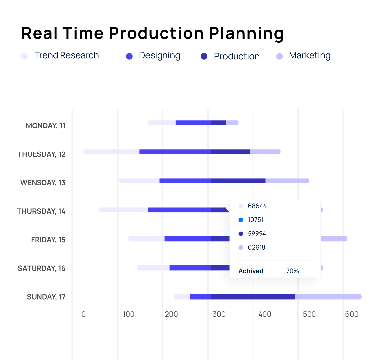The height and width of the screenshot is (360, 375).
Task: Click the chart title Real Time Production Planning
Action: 152,33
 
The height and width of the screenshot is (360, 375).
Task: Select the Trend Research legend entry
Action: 60,56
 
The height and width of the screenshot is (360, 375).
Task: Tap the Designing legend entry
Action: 153,56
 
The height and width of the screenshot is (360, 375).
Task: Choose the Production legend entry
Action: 230,56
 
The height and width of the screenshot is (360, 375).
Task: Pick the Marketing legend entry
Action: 303,56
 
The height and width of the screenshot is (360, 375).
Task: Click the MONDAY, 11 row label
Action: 46,126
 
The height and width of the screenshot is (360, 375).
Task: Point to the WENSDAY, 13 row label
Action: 43,183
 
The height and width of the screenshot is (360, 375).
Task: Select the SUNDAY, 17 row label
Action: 46,297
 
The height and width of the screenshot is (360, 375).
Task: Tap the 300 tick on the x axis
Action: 219,314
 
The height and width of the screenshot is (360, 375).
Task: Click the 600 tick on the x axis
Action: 352,314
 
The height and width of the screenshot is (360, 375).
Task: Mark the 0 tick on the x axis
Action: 84,314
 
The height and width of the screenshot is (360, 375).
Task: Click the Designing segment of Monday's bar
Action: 193,123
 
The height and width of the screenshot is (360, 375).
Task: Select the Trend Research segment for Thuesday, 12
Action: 112,152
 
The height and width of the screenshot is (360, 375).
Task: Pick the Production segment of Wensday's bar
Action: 238,181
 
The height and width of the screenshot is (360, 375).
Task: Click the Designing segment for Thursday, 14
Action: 179,210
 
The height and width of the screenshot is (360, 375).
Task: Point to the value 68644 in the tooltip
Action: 257,206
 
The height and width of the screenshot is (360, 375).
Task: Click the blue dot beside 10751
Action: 241,220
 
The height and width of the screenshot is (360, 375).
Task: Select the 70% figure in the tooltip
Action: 293,271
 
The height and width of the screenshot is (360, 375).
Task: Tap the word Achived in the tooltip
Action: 251,271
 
